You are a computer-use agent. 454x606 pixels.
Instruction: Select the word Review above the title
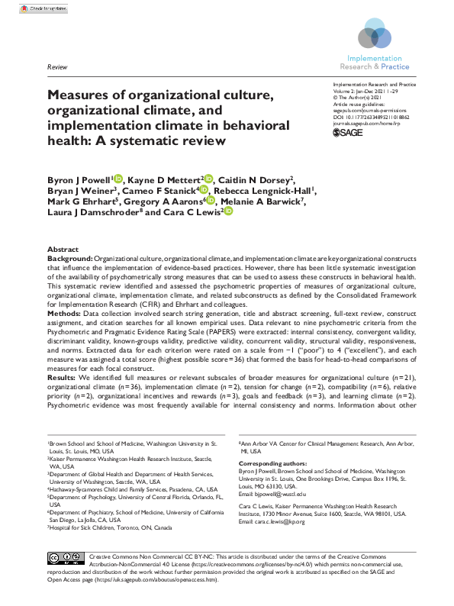pos(57,68)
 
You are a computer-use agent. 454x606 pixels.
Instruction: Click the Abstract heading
pos(63,250)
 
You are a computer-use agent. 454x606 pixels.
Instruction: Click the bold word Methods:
pos(64,313)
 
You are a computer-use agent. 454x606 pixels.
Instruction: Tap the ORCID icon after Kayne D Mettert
pos(210,179)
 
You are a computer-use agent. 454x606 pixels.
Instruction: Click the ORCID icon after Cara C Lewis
pos(227,212)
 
